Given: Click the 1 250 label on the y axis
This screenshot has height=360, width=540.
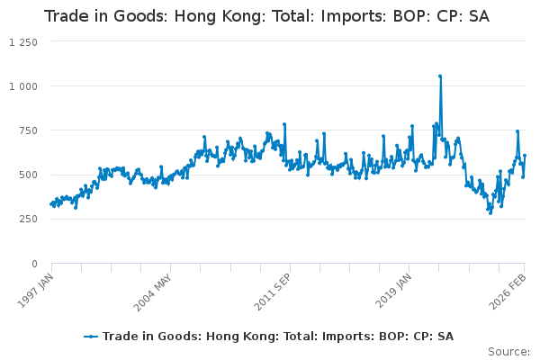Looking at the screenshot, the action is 23,42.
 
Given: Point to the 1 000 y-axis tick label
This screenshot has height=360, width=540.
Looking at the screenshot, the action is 23,86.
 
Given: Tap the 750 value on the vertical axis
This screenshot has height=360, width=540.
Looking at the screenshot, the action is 28,130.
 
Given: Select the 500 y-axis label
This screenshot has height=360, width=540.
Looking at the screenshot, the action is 28,175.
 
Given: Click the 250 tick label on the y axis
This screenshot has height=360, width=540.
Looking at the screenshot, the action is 28,219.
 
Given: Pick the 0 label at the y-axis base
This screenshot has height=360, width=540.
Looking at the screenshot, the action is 34,264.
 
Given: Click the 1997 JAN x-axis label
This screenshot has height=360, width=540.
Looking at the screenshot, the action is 36,291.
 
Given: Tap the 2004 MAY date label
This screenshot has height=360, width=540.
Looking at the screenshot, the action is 153,292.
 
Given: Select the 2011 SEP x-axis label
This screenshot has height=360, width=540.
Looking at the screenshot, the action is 273,292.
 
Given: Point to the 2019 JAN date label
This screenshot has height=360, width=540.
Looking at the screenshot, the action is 393,291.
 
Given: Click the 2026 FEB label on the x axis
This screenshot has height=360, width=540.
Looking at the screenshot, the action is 508,292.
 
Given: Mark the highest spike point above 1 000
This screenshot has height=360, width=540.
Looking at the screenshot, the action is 440,76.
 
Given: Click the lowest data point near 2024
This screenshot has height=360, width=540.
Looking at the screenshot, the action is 490,213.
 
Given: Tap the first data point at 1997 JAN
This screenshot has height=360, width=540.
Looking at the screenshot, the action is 51,204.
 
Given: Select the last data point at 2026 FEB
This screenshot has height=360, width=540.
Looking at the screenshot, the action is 525,156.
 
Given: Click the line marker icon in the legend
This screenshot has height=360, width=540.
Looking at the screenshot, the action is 91,337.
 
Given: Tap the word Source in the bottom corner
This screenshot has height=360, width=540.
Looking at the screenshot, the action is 508,352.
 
